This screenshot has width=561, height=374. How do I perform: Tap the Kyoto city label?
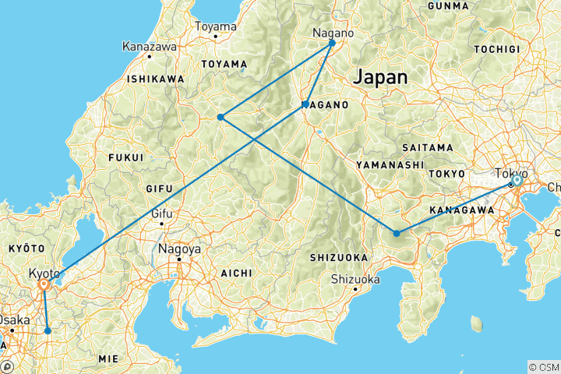[44, 274]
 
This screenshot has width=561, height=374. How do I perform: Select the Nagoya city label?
[179, 250]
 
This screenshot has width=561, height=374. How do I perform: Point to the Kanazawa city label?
[150, 47]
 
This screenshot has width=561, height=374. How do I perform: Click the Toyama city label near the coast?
[215, 26]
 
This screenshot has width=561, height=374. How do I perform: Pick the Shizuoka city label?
[355, 279]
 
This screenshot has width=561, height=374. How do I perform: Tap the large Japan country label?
[380, 78]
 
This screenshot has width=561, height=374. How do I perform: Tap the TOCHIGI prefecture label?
[496, 48]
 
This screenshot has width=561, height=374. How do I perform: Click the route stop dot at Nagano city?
[332, 43]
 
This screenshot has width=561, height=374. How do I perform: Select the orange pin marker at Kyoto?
[44, 286]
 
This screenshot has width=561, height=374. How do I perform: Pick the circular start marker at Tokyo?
[516, 181]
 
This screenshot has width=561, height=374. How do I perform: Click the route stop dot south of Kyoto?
[48, 331]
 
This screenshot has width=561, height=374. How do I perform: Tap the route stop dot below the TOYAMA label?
[221, 117]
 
